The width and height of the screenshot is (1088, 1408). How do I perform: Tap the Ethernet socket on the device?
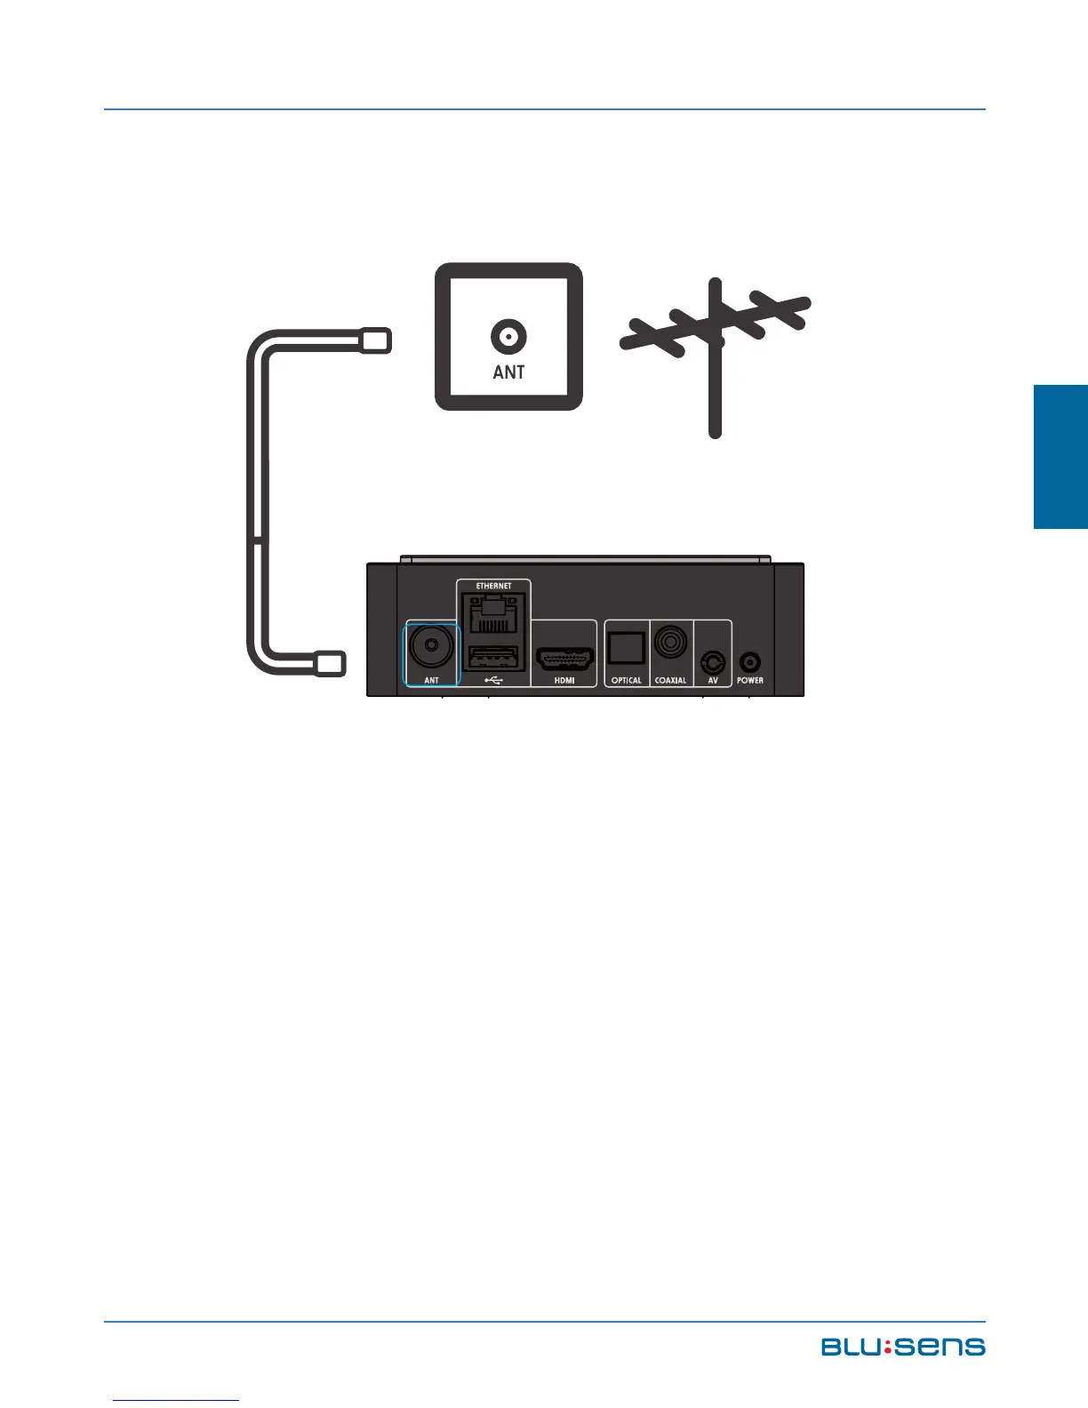point(493,614)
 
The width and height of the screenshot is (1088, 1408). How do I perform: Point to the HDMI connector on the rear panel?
point(564,660)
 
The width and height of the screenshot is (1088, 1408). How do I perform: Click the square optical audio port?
point(626,649)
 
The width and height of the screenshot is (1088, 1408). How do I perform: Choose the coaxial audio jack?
point(671,643)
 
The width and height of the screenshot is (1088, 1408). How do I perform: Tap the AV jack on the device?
point(713,662)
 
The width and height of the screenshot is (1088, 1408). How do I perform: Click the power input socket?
point(750,662)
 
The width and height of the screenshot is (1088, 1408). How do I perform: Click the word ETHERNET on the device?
point(493,587)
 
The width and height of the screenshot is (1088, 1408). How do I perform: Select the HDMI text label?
point(564,681)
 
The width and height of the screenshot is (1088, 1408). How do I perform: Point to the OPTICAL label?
point(626,681)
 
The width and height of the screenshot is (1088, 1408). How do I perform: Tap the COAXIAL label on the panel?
point(671,681)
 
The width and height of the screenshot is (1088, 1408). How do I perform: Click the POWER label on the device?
point(750,681)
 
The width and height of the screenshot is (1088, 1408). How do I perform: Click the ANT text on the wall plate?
point(508,372)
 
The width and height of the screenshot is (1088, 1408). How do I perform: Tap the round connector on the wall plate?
point(508,337)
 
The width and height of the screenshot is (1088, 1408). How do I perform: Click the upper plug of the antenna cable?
point(374,340)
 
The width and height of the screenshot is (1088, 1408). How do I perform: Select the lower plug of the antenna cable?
point(330,663)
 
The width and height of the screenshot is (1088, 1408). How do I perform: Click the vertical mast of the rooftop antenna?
point(715,391)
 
